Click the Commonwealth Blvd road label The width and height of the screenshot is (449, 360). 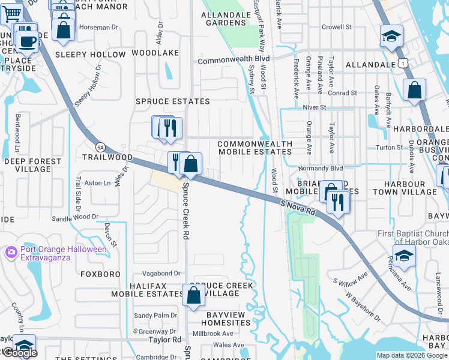coord(234,60)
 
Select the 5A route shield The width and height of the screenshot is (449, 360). coord(100,146)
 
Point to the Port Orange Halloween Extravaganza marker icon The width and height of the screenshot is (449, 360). coord(10,253)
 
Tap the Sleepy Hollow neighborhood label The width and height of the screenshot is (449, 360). coord(90,54)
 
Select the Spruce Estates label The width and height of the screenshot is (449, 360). coord(172,101)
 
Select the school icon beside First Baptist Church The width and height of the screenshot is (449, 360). coord(404,256)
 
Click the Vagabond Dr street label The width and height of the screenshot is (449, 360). coord(157,273)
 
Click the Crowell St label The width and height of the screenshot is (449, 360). coord(336,27)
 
